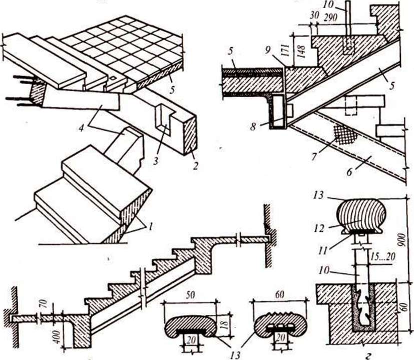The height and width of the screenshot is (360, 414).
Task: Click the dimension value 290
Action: point(330,18)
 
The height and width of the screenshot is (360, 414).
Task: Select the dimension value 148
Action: point(302,52)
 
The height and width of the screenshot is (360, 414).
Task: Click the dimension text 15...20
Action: point(383,257)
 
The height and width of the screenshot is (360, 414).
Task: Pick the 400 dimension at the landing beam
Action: point(58,335)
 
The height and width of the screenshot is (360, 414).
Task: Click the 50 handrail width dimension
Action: point(190,295)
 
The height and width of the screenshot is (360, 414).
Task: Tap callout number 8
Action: point(253,127)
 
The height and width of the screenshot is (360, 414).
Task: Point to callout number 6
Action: point(349,172)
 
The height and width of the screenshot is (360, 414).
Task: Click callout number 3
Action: point(156,160)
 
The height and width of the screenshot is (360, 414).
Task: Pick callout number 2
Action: point(195,166)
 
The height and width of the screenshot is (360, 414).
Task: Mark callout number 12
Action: point(319,228)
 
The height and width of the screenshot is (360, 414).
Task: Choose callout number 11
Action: point(322,250)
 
